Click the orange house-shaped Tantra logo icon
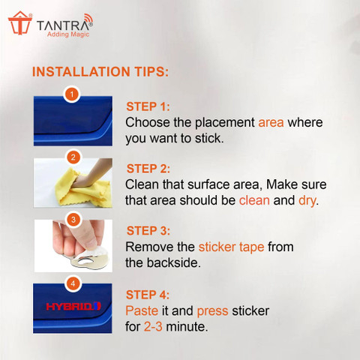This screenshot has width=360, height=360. pyautogui.click(x=20, y=23)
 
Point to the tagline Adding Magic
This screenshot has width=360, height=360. pyautogui.click(x=68, y=34)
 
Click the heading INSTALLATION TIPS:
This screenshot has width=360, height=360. pyautogui.click(x=100, y=72)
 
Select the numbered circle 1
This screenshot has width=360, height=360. pyautogui.click(x=72, y=94)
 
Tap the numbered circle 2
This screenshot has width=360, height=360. pyautogui.click(x=73, y=157)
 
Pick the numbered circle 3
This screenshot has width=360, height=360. pyautogui.click(x=73, y=220)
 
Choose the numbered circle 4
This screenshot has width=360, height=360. pyautogui.click(x=73, y=283)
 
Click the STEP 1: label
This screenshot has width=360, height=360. pyautogui.click(x=148, y=106)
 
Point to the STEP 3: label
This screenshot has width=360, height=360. pyautogui.click(x=148, y=231)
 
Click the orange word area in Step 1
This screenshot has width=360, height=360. pyautogui.click(x=271, y=123)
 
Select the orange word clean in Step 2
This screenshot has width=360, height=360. pyautogui.click(x=254, y=200)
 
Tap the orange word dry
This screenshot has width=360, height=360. pyautogui.click(x=307, y=201)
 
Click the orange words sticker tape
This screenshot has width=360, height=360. pyautogui.click(x=231, y=247)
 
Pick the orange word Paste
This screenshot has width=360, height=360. pyautogui.click(x=142, y=310)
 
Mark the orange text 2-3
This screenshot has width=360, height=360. pyautogui.click(x=153, y=327)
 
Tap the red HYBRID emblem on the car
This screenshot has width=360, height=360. pyautogui.click(x=73, y=307)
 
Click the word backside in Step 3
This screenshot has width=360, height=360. pyautogui.click(x=173, y=262)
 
